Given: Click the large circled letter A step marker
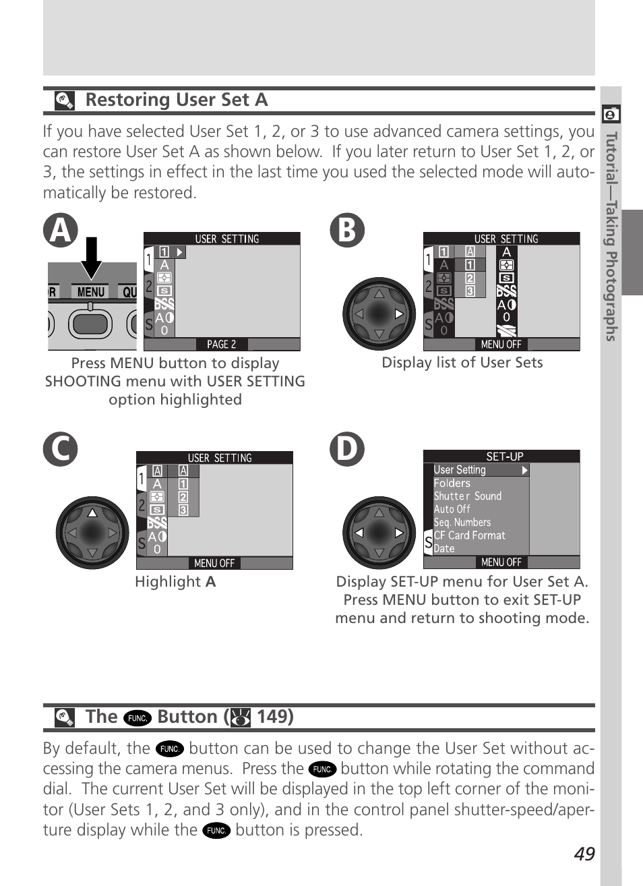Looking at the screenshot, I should tap(61, 230).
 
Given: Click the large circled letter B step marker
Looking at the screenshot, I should tap(347, 230).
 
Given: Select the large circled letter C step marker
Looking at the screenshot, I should tap(61, 449).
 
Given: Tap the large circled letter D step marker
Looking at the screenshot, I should tap(347, 449).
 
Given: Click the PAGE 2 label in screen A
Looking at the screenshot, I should tap(221, 345).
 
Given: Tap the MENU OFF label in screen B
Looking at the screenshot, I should tap(501, 345).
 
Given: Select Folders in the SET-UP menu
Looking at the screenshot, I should tap(452, 483).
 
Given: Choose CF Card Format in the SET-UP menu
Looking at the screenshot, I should tap(469, 535).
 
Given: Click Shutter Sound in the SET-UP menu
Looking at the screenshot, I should tap(468, 496).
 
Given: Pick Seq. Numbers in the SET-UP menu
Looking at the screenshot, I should tap(462, 523).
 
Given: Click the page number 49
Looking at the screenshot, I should tap(584, 854).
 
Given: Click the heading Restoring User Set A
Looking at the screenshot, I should tap(177, 100).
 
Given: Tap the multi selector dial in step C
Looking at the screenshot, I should tap(92, 533).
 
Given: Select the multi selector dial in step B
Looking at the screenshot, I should tap(379, 314).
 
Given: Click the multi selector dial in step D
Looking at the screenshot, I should tap(379, 533).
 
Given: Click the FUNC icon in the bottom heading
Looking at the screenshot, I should tap(137, 717).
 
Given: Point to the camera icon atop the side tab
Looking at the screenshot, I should tap(611, 115).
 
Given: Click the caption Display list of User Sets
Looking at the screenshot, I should tap(462, 363).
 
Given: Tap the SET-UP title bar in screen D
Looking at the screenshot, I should tap(501, 456).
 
